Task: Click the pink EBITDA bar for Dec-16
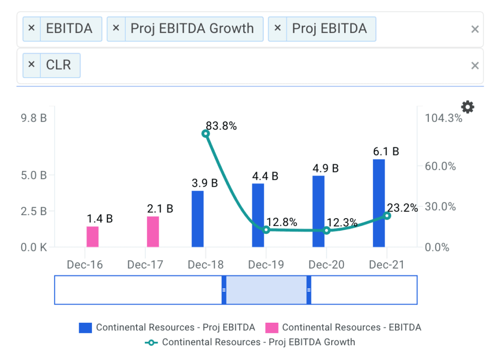[92, 237]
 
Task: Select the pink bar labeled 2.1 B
[153, 232]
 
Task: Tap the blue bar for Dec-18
[197, 219]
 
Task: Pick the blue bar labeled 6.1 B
[379, 203]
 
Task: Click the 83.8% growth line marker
[206, 134]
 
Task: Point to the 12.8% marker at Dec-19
[266, 230]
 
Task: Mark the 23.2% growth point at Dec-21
[387, 216]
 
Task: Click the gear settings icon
[468, 107]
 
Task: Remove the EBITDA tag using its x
[31, 28]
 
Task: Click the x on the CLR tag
[31, 64]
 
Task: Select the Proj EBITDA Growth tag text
[192, 28]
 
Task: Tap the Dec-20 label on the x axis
[327, 265]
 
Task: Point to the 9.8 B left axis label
[33, 118]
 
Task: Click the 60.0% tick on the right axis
[440, 166]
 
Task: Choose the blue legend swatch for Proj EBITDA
[85, 328]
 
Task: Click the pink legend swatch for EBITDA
[272, 328]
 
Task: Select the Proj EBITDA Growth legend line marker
[152, 342]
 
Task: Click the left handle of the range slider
[224, 290]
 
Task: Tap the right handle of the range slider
[309, 290]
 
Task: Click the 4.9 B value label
[326, 168]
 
